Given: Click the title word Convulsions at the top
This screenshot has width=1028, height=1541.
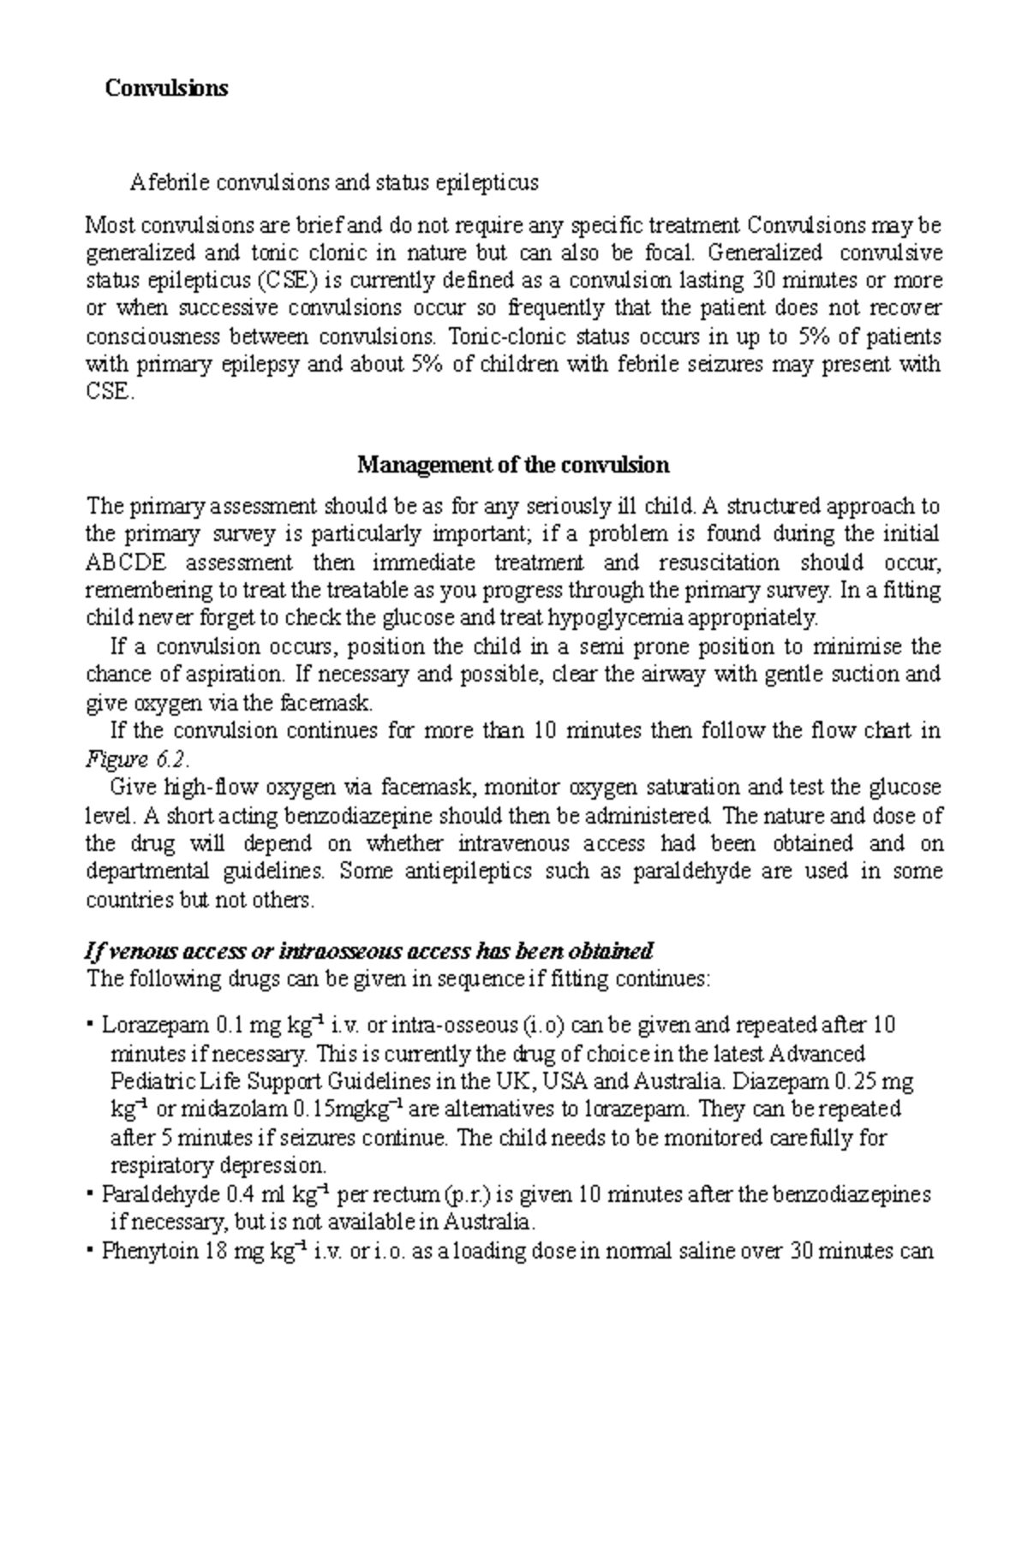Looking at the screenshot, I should click(x=166, y=88).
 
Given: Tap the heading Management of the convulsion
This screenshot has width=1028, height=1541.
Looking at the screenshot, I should click(x=512, y=465).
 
